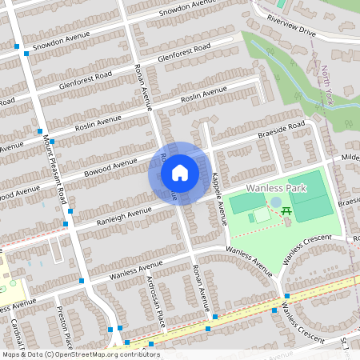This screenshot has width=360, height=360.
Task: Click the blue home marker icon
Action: click(x=180, y=172)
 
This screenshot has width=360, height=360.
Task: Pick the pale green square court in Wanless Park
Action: click(x=262, y=214)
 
